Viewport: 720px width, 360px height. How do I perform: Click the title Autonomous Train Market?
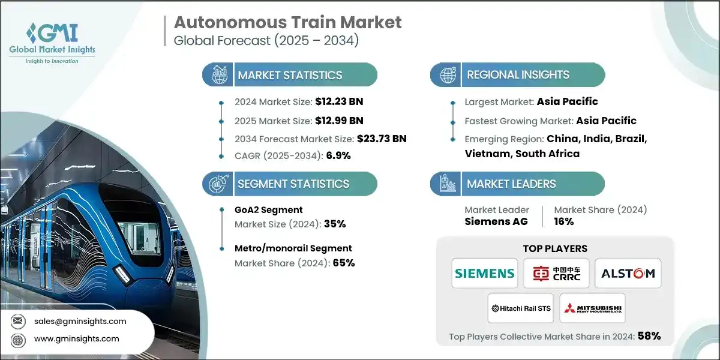[x=287, y=23]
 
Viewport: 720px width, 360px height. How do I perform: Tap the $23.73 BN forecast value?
[x=381, y=139]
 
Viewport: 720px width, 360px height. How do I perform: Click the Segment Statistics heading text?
[x=293, y=184]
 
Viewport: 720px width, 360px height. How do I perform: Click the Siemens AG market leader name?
[x=496, y=221]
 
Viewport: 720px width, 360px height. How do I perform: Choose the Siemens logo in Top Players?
[x=485, y=274]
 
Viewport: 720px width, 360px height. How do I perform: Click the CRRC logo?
[x=556, y=274]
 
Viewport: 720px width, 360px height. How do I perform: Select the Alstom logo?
[x=628, y=274]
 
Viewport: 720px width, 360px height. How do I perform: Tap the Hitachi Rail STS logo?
[x=520, y=308]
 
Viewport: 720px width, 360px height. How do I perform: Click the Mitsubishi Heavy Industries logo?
[x=592, y=308]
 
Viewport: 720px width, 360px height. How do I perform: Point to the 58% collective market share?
[x=649, y=337]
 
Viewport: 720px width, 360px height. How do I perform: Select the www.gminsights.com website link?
[x=76, y=339]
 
